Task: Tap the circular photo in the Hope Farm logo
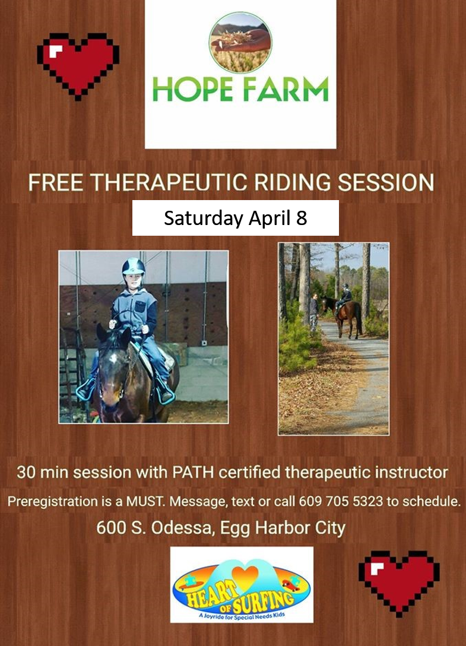click(x=240, y=42)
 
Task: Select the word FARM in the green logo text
click(x=286, y=89)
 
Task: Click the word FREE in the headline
click(x=56, y=182)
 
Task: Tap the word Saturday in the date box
click(x=204, y=218)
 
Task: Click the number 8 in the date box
click(x=302, y=217)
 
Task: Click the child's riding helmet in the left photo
click(x=134, y=267)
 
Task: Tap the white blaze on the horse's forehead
click(x=113, y=357)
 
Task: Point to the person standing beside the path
click(x=314, y=312)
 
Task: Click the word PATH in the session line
click(x=194, y=472)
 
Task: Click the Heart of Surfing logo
click(x=242, y=584)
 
